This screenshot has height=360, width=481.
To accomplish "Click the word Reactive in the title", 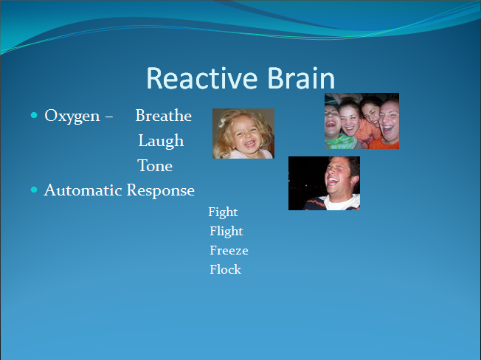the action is (x=202, y=78).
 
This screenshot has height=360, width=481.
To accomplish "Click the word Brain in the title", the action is (x=301, y=78).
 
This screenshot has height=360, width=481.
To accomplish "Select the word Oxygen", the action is (x=72, y=117).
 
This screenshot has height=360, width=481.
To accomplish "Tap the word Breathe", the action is (x=164, y=115).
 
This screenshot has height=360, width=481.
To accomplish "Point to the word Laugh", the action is (x=161, y=142).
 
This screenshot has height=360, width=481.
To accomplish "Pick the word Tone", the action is (x=155, y=166).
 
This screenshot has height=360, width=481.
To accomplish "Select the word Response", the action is (x=161, y=191).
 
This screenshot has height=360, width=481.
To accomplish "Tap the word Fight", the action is (x=223, y=212).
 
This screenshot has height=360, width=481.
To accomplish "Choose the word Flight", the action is (x=226, y=232).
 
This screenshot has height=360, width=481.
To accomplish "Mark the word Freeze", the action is (x=229, y=250).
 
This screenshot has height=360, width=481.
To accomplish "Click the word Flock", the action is (x=226, y=269).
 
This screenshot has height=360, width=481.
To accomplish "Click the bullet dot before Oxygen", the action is (x=34, y=115).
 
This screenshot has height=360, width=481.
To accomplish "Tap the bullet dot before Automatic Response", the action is (x=34, y=190).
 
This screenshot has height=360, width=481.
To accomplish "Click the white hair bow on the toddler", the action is (x=222, y=122).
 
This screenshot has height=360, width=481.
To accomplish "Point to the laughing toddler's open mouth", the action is (x=249, y=143).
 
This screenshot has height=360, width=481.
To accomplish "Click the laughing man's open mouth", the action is (x=333, y=182).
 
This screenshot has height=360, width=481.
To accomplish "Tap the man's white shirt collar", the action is (x=340, y=202).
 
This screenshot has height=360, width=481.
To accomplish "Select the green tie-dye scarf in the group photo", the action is (x=339, y=142).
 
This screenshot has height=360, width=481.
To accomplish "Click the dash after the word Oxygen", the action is (x=109, y=117).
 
